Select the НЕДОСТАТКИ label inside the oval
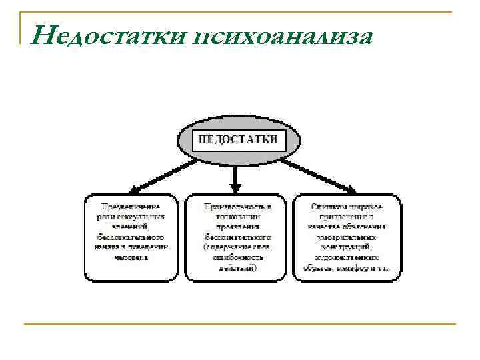pos(239,140)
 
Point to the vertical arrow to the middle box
pos(235,177)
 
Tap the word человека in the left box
pos(131,256)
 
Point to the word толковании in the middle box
pos(237,217)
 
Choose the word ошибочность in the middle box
pos(238,256)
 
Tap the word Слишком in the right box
pos(328,207)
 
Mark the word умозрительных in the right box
pos(346,237)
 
